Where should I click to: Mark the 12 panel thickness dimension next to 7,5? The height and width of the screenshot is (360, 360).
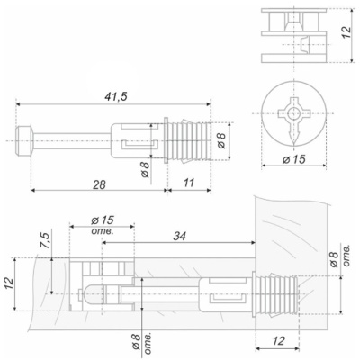click(10, 282)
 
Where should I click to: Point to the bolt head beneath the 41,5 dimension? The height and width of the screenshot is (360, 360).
click(25, 140)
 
